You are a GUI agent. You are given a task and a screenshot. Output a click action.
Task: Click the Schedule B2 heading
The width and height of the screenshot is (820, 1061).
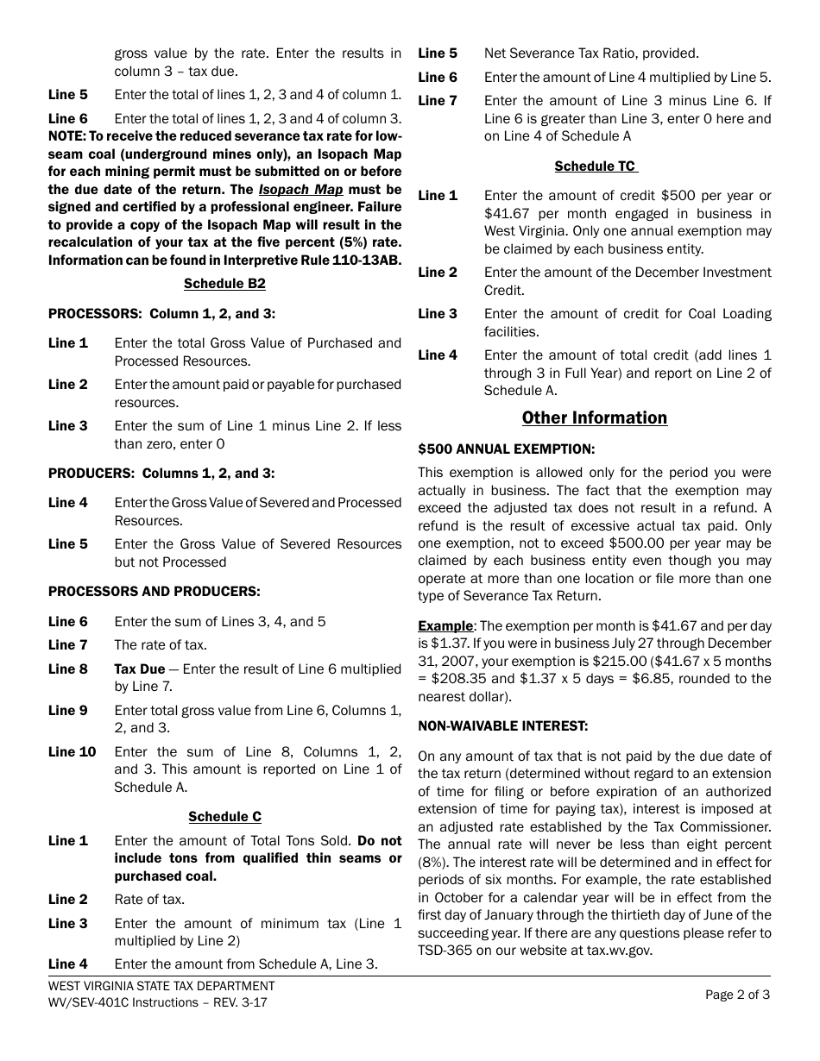tap(224, 283)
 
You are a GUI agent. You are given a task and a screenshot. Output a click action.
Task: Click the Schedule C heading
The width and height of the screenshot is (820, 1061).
tap(224, 816)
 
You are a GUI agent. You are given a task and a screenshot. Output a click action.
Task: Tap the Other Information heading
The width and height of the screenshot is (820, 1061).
tap(594, 417)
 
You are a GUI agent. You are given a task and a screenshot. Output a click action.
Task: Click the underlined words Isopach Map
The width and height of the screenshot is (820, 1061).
tap(300, 189)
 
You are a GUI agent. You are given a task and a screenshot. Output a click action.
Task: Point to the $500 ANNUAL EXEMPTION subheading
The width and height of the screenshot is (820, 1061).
tap(506, 449)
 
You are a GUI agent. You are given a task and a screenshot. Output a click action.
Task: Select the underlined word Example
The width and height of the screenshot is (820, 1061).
tap(445, 625)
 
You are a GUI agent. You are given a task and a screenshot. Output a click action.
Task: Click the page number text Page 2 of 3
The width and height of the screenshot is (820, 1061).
tap(737, 994)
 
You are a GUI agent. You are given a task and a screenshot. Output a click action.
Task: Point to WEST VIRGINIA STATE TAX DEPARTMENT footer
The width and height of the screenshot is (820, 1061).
tap(161, 985)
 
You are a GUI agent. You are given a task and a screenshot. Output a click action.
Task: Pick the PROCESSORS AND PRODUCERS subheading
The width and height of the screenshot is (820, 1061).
tap(154, 591)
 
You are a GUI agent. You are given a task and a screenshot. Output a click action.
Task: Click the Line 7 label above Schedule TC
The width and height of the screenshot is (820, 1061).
tap(438, 101)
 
